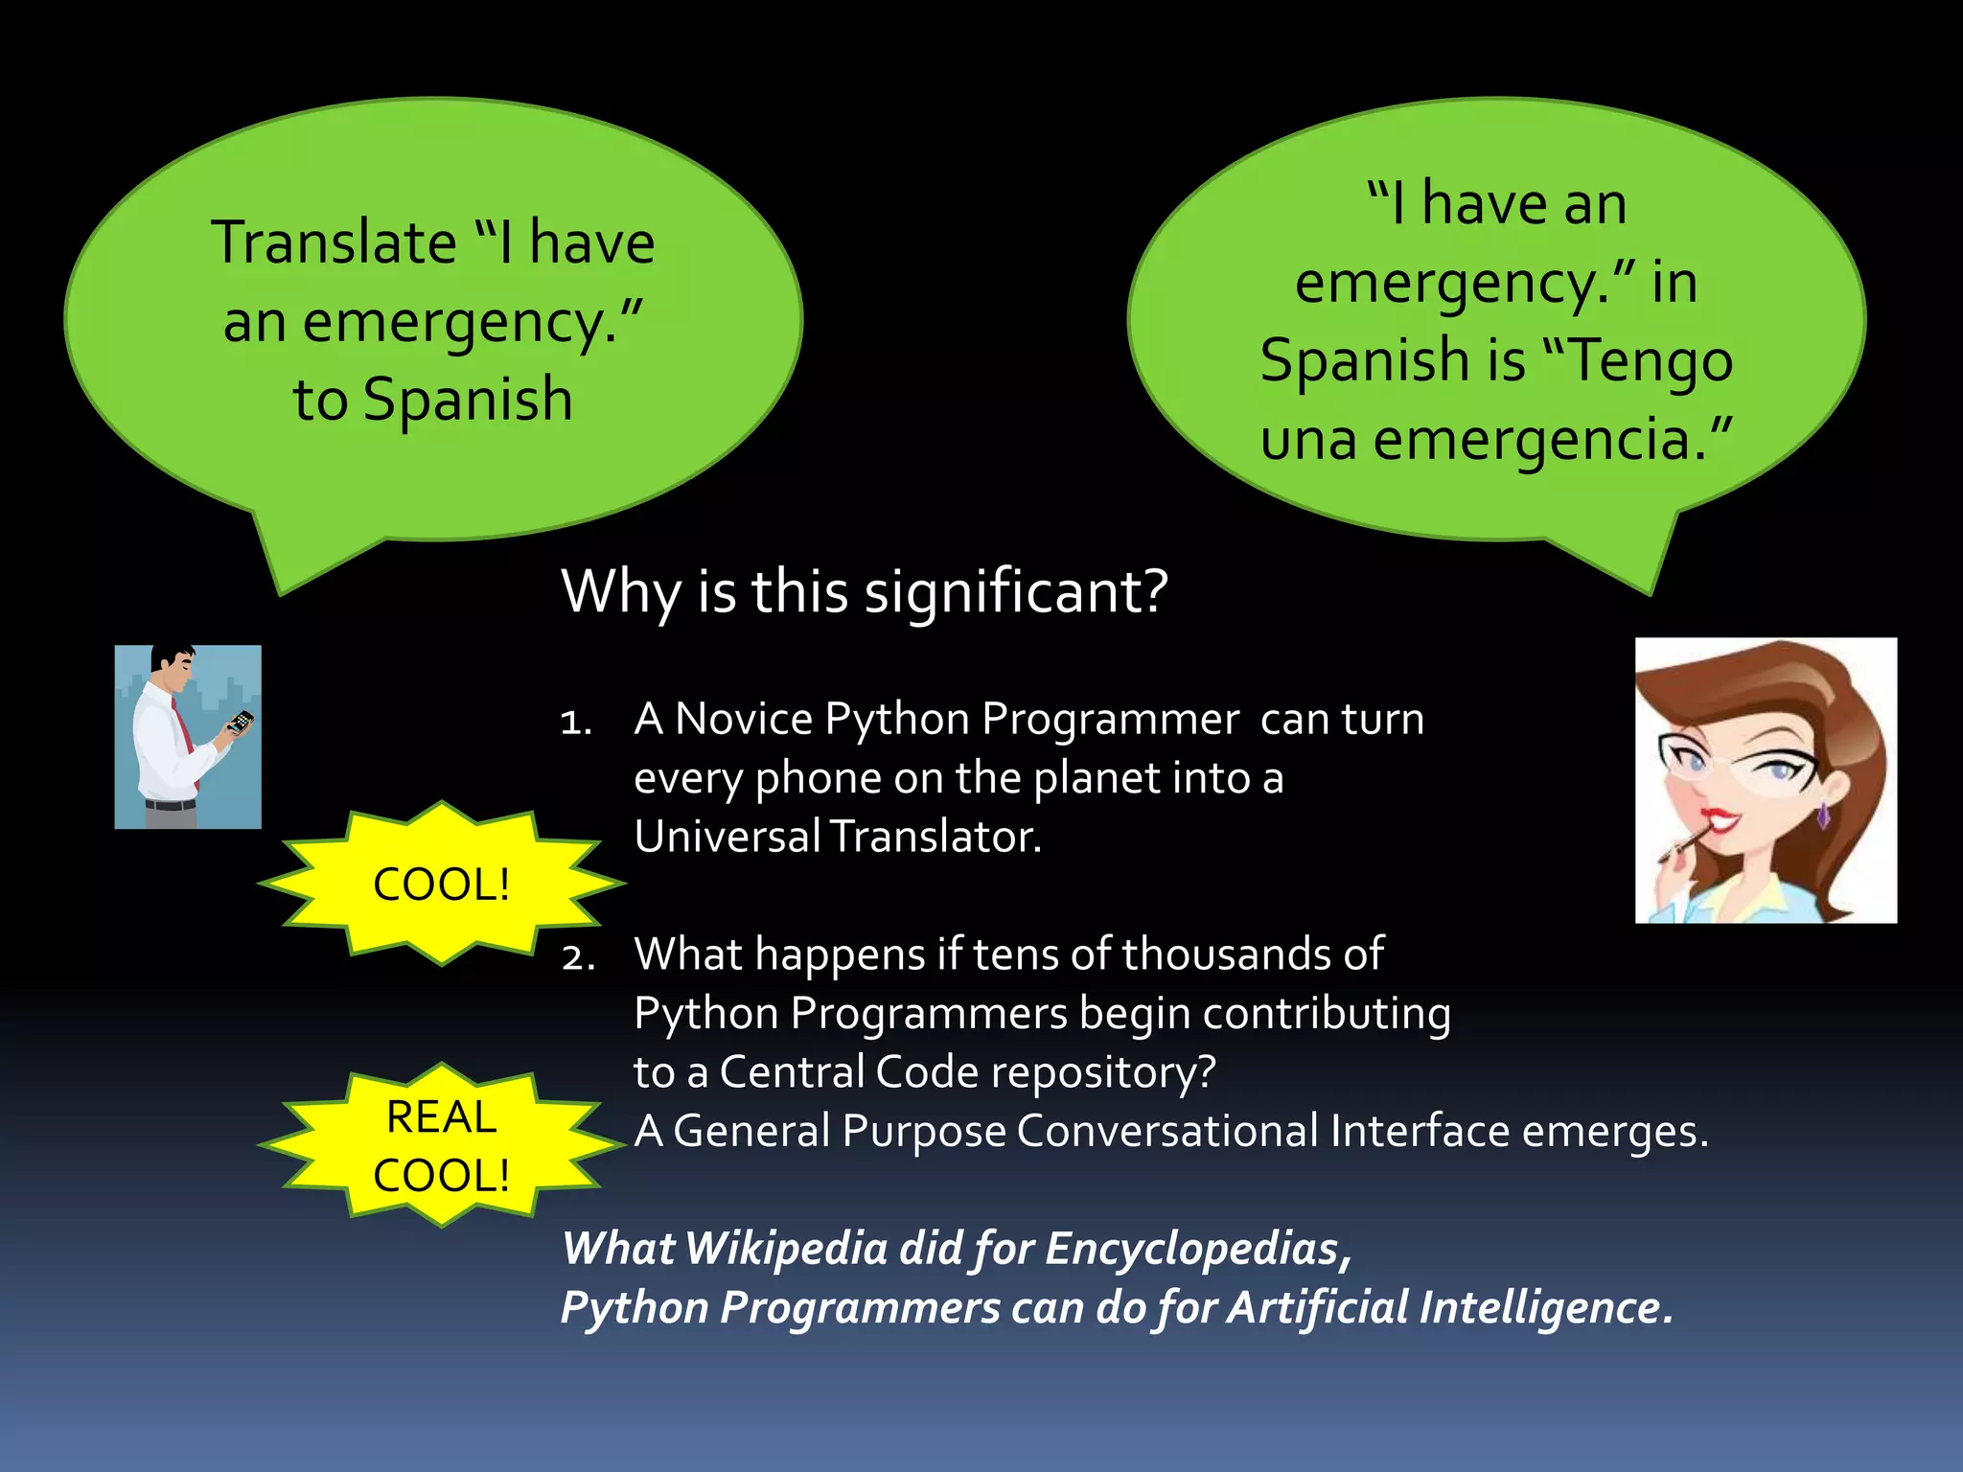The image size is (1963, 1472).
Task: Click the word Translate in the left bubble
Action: click(x=334, y=242)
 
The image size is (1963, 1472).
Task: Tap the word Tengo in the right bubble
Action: click(x=1651, y=362)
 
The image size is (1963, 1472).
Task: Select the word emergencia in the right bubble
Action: click(x=1540, y=441)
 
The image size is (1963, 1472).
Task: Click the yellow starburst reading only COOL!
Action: click(x=441, y=884)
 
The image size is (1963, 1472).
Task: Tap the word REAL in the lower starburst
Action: click(x=441, y=1117)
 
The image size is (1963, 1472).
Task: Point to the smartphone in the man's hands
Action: click(x=241, y=722)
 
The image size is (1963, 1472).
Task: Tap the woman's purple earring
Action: click(x=1822, y=816)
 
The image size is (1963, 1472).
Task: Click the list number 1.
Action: click(x=575, y=722)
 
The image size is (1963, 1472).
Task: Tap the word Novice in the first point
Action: click(x=743, y=719)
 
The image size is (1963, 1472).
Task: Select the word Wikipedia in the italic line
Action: click(x=786, y=1249)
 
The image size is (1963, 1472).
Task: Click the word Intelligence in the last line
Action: click(x=1545, y=1308)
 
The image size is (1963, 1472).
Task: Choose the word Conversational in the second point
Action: click(x=1166, y=1131)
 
